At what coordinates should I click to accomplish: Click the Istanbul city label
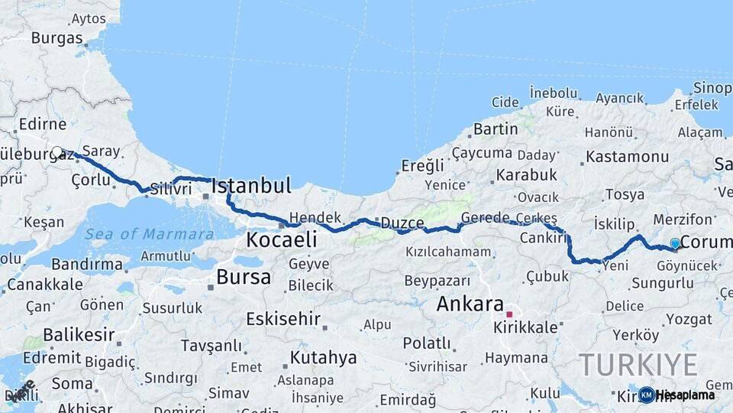pyautogui.click(x=251, y=186)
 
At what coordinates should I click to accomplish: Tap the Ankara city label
pyautogui.click(x=470, y=304)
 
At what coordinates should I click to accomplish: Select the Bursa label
pyautogui.click(x=243, y=277)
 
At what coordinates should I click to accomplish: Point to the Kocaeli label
pyautogui.click(x=281, y=240)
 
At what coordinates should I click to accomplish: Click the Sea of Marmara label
pyautogui.click(x=149, y=234)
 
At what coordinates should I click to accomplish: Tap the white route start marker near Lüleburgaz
pyautogui.click(x=57, y=152)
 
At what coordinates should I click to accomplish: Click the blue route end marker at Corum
pyautogui.click(x=675, y=244)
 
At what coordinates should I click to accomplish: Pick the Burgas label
pyautogui.click(x=57, y=38)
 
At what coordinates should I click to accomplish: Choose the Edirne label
pyautogui.click(x=43, y=125)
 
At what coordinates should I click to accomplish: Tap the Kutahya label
pyautogui.click(x=323, y=358)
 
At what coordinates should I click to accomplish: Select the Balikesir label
pyautogui.click(x=79, y=335)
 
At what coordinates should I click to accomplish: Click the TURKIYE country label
pyautogui.click(x=638, y=364)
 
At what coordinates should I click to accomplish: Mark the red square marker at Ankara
pyautogui.click(x=509, y=314)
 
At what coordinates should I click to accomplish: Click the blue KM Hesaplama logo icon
pyautogui.click(x=647, y=395)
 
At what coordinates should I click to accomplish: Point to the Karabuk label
pyautogui.click(x=526, y=175)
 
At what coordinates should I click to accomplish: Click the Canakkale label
pyautogui.click(x=44, y=285)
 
